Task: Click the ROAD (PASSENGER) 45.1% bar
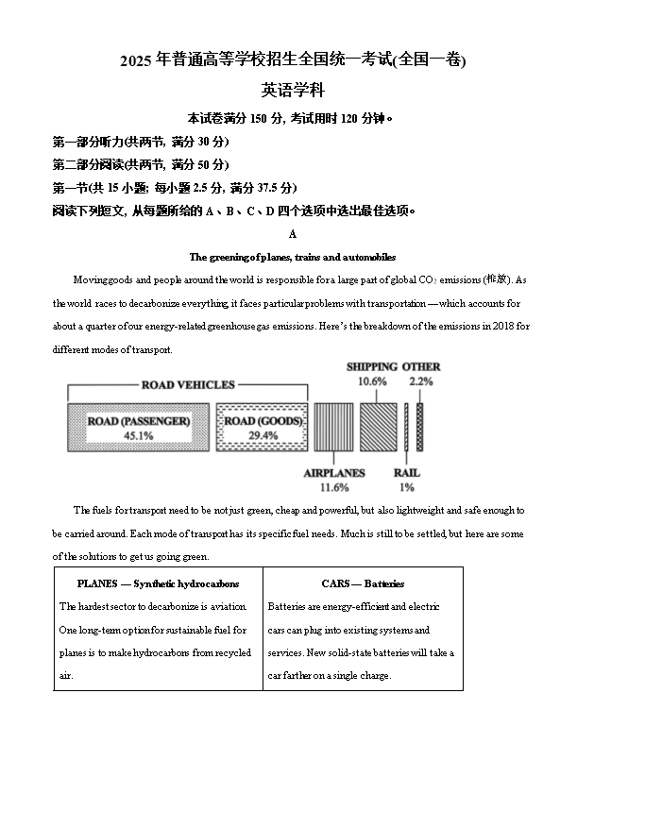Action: click(x=138, y=428)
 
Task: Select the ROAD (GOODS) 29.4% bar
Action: click(x=263, y=428)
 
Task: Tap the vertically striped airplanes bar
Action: click(x=333, y=428)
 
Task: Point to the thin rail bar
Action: click(x=407, y=428)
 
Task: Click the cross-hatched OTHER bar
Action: click(x=420, y=428)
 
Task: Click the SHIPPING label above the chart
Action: click(x=371, y=366)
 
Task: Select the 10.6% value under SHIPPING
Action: click(x=371, y=381)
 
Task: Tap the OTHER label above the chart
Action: click(x=421, y=366)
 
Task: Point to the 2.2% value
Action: click(x=421, y=381)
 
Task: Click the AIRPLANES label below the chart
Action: click(x=334, y=472)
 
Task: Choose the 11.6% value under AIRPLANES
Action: click(x=334, y=487)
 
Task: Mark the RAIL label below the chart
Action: click(x=407, y=472)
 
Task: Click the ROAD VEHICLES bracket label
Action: click(x=188, y=384)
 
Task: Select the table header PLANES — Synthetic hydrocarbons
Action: click(x=158, y=583)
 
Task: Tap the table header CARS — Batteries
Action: click(x=363, y=583)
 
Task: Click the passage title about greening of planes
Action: click(x=293, y=257)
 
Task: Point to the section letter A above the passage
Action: click(x=293, y=234)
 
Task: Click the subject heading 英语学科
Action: click(x=293, y=91)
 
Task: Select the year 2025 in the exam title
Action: click(x=135, y=61)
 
